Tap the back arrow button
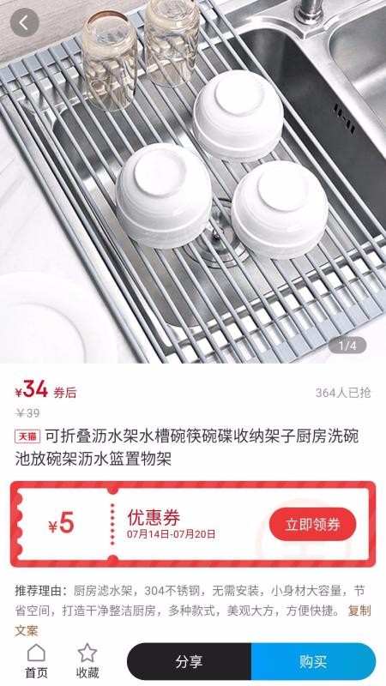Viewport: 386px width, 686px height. pyautogui.click(x=24, y=23)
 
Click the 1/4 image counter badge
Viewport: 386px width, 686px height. pyautogui.click(x=347, y=346)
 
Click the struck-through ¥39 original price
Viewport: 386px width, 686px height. pyautogui.click(x=27, y=412)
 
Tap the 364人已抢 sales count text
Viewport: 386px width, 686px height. pyautogui.click(x=343, y=393)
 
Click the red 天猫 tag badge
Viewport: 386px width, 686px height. pyautogui.click(x=27, y=436)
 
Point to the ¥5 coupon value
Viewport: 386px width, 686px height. pyautogui.click(x=61, y=524)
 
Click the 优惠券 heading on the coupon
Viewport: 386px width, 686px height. pyautogui.click(x=154, y=517)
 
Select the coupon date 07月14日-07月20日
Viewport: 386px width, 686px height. pyautogui.click(x=172, y=535)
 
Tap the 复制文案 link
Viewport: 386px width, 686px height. pyautogui.click(x=359, y=611)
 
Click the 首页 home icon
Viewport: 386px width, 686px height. pyautogui.click(x=36, y=653)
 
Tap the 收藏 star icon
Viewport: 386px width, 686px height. pyautogui.click(x=87, y=653)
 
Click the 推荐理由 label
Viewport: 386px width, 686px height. pyautogui.click(x=40, y=592)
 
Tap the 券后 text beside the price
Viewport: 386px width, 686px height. pyautogui.click(x=65, y=393)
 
